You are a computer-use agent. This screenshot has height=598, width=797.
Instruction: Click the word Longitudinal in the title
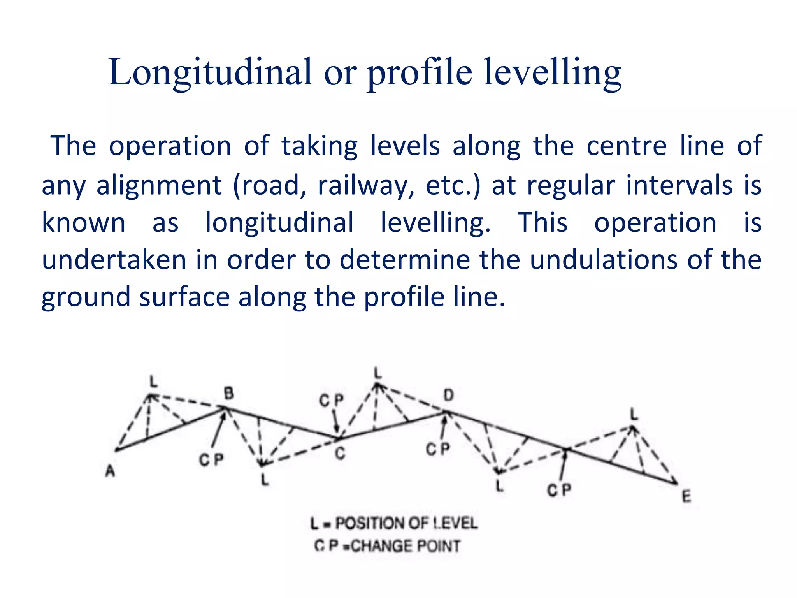210,72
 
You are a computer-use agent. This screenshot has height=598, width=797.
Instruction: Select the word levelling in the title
552,73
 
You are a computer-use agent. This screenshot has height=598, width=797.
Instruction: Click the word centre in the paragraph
627,146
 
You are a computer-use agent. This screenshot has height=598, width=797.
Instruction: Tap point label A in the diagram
111,471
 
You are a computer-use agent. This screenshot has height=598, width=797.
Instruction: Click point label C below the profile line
340,454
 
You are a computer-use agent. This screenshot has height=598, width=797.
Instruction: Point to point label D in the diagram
449,396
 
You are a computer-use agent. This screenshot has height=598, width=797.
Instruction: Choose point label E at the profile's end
686,497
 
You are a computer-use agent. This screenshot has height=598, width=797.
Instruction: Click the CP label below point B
211,460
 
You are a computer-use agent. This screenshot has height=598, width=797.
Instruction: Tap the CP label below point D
438,449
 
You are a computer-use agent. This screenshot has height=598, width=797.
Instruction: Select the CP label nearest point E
559,490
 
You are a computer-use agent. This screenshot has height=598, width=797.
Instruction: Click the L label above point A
154,382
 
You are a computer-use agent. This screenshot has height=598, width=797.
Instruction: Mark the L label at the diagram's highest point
377,373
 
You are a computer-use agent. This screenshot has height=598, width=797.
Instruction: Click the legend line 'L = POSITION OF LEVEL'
394,523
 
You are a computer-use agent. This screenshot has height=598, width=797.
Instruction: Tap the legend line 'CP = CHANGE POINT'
388,546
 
